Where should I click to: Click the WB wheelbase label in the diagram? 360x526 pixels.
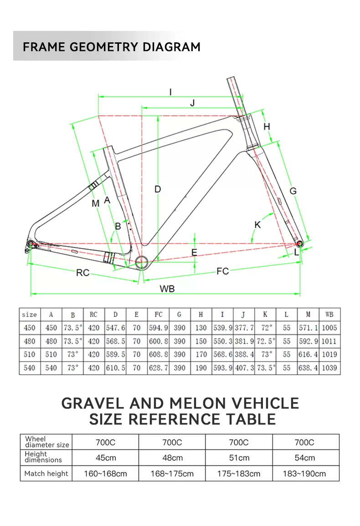[167, 289]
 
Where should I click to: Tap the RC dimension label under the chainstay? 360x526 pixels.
[82, 273]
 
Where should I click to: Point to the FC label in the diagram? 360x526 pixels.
[222, 271]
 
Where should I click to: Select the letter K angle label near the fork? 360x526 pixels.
[257, 225]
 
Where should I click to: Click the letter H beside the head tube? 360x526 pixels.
[267, 126]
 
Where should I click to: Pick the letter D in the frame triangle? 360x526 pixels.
[158, 189]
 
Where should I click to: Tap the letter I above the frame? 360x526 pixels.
[170, 92]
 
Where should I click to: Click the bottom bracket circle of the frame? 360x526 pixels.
[143, 262]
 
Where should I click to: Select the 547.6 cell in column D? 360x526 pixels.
[115, 328]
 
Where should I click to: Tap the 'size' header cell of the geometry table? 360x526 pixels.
[30, 315]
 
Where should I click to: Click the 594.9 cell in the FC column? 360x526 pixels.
[158, 328]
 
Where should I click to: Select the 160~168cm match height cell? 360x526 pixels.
[105, 474]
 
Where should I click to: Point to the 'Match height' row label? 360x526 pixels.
[46, 474]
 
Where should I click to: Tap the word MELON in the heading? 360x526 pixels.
[198, 403]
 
